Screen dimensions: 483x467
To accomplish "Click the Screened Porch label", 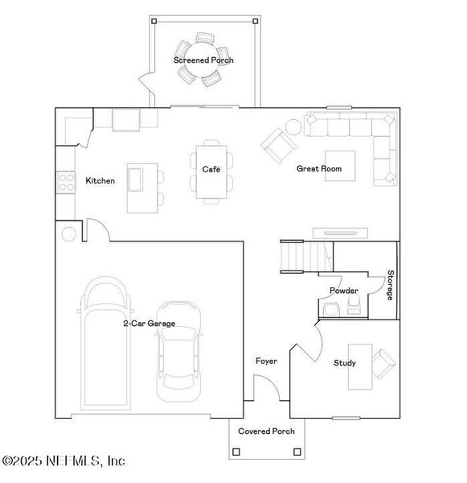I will pos(203,60).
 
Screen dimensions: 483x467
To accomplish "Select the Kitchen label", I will pos(100,181).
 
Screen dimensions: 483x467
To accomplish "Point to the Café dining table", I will pos(211,171).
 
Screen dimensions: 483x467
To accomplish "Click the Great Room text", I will pos(319,169).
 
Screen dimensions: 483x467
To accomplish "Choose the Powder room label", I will pos(343,291).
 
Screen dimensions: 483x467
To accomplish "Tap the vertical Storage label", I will pos(390,285).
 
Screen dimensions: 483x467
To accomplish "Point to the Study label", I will pos(345,363).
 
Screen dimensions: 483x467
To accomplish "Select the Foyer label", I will pos(266,361).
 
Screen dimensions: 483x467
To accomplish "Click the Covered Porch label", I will pos(266,431).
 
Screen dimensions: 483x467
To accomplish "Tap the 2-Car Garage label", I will pos(149,324).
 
